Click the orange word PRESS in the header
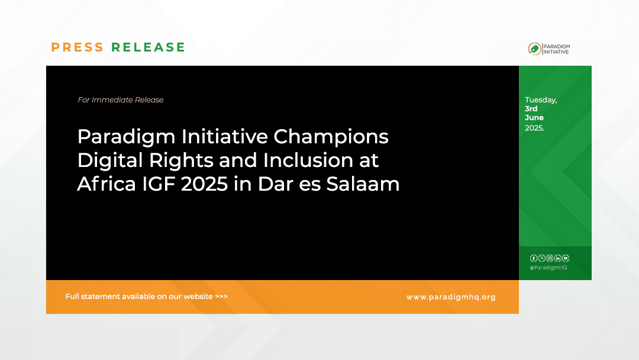pyautogui.click(x=77, y=47)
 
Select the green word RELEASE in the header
pyautogui.click(x=149, y=47)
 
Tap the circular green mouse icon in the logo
pyautogui.click(x=534, y=49)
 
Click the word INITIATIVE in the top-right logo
pyautogui.click(x=557, y=52)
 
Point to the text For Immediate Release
pyautogui.click(x=121, y=100)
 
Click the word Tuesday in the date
pyautogui.click(x=540, y=100)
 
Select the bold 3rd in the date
pyautogui.click(x=531, y=109)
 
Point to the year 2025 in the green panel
pyautogui.click(x=534, y=127)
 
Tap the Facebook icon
pyautogui.click(x=534, y=258)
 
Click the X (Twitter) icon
pyautogui.click(x=541, y=258)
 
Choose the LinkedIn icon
pyautogui.click(x=557, y=258)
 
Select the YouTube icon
pyautogui.click(x=566, y=258)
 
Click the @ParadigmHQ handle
pyautogui.click(x=548, y=268)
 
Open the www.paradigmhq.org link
pyautogui.click(x=451, y=297)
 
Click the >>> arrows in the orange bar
pyautogui.click(x=221, y=297)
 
